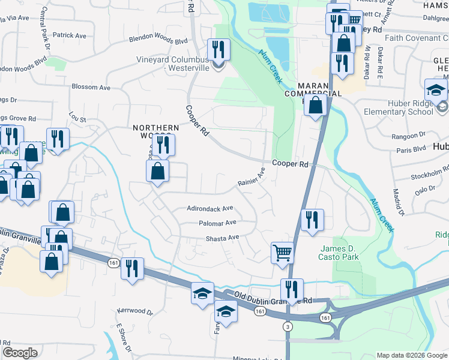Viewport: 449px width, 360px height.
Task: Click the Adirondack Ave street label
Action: (x=209, y=209)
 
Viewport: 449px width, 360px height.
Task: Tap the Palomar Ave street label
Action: (x=217, y=223)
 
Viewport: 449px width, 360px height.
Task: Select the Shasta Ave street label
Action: (x=223, y=238)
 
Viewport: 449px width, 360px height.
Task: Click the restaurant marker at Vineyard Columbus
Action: (x=218, y=50)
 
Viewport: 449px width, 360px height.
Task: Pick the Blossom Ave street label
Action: (x=91, y=87)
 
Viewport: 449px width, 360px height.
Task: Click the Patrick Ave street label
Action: (x=70, y=35)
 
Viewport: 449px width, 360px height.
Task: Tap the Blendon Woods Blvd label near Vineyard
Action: (x=158, y=40)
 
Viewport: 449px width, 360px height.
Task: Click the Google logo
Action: (x=20, y=353)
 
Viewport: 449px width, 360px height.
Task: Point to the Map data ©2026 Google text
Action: (x=411, y=355)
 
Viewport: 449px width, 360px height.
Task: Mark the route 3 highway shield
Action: (x=288, y=326)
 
